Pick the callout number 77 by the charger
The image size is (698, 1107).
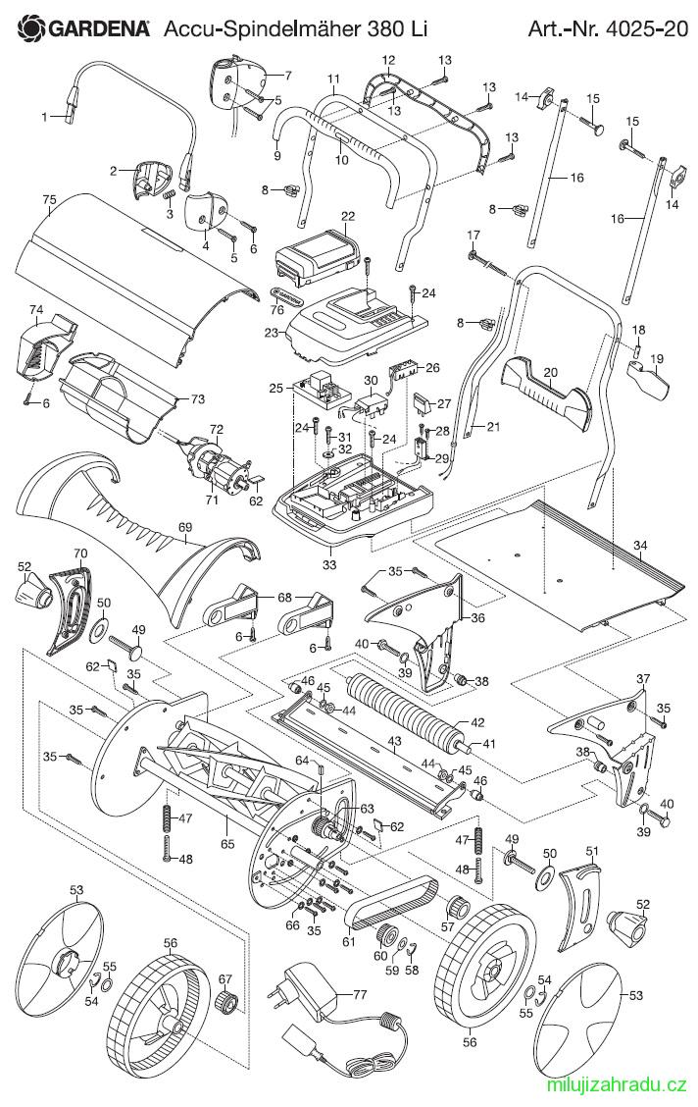point(360,995)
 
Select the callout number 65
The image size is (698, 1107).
point(227,843)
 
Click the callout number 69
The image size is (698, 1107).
point(185,527)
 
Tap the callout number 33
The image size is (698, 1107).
point(329,565)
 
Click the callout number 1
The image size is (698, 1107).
point(45,117)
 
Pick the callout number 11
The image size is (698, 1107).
point(334,78)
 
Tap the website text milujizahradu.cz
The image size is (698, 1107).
point(612,1084)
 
